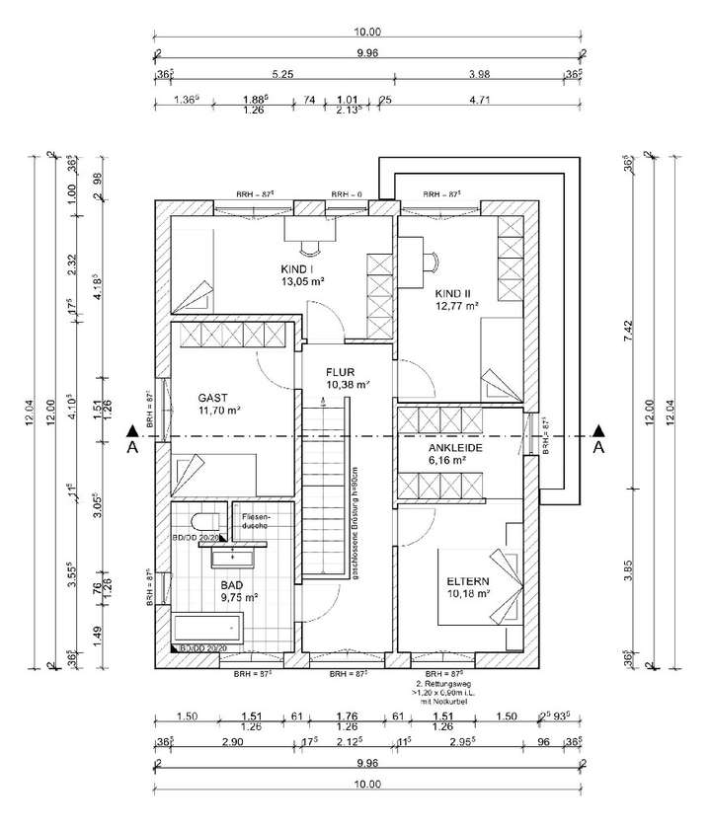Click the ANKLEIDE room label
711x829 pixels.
tap(454, 447)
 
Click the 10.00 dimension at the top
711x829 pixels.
tap(367, 32)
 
